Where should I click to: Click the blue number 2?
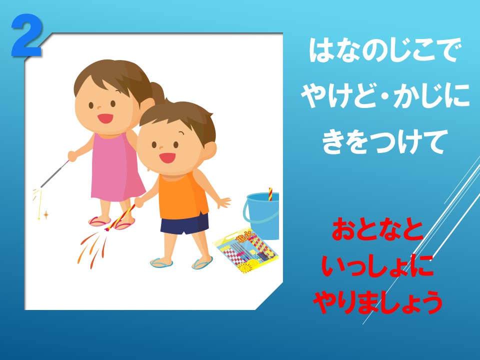coord(27,35)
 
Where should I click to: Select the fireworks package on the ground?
coord(246,250)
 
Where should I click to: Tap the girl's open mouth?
coord(105,118)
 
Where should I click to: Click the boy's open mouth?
coord(167,157)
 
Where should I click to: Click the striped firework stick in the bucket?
coord(270,194)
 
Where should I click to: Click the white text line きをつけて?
coord(383,141)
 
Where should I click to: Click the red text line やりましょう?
coord(378,302)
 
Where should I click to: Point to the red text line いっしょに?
coord(378,265)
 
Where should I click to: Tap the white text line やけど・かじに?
coord(385,95)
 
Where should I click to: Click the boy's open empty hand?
coord(224,202)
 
